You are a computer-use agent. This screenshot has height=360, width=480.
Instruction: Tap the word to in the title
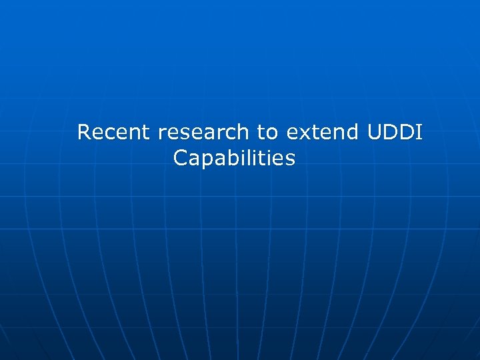point(267,132)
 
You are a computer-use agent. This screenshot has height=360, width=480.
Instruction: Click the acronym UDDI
point(395,132)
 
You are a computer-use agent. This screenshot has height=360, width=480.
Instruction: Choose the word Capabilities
point(234,159)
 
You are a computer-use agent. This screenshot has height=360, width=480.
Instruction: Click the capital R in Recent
point(84,132)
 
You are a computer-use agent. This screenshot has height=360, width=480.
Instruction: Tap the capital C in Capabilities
point(180,159)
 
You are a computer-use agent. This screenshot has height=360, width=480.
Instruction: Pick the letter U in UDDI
point(375,132)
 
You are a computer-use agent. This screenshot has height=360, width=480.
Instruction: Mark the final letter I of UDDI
point(419,132)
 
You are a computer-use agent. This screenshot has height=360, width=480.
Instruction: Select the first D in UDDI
point(390,132)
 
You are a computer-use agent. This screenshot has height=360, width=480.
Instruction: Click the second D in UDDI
point(407,132)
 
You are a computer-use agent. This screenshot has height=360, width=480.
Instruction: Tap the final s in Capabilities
point(289,159)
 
